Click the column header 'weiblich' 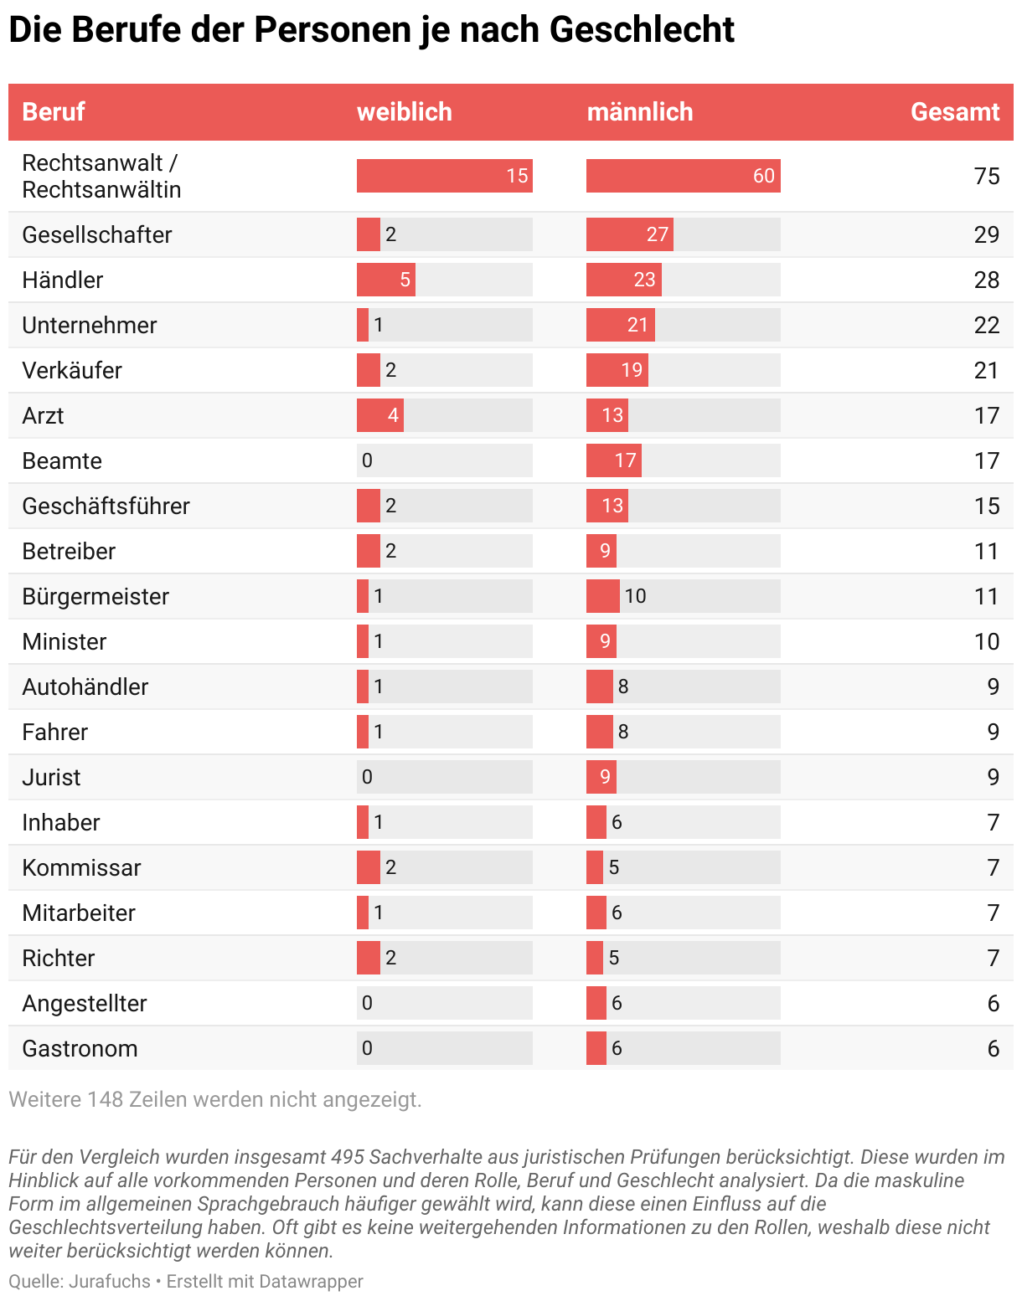(x=404, y=112)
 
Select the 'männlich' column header (x=639, y=112)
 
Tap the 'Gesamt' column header (x=954, y=112)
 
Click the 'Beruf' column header (x=54, y=112)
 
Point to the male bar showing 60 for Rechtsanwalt (x=683, y=176)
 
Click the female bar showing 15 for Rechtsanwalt (x=444, y=176)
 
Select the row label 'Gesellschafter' (x=97, y=234)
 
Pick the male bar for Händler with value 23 (x=624, y=280)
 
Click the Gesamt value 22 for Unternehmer (x=986, y=325)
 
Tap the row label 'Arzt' (x=43, y=415)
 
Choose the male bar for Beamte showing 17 (x=614, y=460)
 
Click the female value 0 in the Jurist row (x=367, y=777)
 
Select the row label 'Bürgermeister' (x=95, y=596)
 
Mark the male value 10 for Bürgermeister (x=635, y=596)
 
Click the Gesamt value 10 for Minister (x=986, y=641)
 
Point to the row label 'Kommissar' (x=81, y=867)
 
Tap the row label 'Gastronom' (x=80, y=1048)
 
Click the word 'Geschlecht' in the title (x=643, y=30)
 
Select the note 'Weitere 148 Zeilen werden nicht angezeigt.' (x=215, y=1099)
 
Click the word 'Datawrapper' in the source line (x=311, y=1281)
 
